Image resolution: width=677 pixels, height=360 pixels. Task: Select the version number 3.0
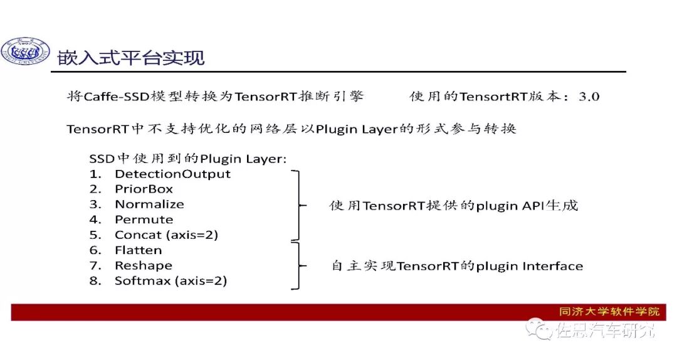pyautogui.click(x=587, y=96)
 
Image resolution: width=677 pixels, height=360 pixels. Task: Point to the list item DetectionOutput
pyautogui.click(x=172, y=174)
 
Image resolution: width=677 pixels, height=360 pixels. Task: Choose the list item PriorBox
pyautogui.click(x=144, y=189)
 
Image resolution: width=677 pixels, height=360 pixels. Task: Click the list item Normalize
pyautogui.click(x=149, y=204)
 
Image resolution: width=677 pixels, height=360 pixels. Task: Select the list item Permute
pyautogui.click(x=144, y=220)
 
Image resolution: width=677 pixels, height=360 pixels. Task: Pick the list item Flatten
pyautogui.click(x=138, y=250)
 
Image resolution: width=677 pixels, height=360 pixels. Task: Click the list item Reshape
pyautogui.click(x=143, y=265)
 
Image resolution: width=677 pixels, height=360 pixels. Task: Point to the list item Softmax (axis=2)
pyautogui.click(x=171, y=281)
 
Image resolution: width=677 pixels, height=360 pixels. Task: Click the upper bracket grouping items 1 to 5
pyautogui.click(x=297, y=204)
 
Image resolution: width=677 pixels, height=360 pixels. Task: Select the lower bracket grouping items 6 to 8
pyautogui.click(x=297, y=266)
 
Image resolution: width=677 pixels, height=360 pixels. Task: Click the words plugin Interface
pyautogui.click(x=530, y=266)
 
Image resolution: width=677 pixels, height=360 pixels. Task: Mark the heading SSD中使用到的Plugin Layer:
pyautogui.click(x=188, y=159)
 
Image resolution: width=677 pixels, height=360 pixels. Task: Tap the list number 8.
pyautogui.click(x=95, y=281)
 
